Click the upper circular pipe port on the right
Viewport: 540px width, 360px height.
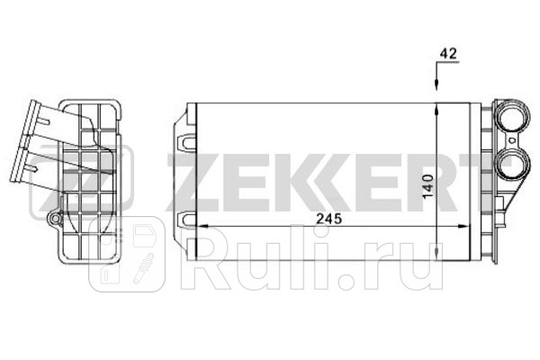coord(511,119)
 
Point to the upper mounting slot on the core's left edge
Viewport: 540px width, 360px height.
coord(187,140)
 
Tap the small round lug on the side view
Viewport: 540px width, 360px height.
coord(56,218)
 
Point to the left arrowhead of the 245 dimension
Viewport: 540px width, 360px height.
coord(201,226)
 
